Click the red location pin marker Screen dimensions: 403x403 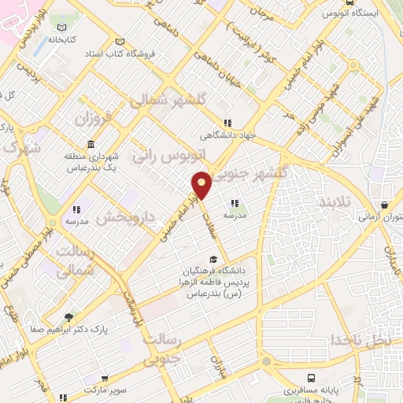pos(202,185)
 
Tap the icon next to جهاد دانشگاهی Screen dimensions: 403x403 pos(227,123)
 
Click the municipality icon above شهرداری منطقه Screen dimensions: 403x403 pos(92,146)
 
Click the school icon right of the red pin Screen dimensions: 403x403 pos(235,204)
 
